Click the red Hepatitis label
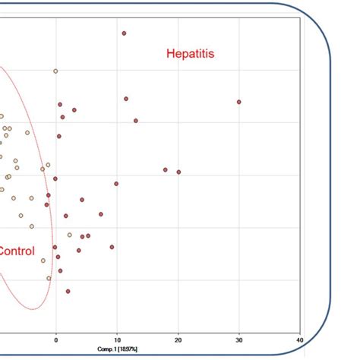191,53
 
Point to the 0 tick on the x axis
55,340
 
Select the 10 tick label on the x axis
116,340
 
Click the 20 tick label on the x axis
178,340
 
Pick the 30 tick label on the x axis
239,340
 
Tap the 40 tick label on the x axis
300,340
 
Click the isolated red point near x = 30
238,102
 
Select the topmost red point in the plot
124,33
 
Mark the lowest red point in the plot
68,291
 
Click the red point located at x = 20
178,172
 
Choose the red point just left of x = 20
165,170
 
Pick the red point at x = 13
136,121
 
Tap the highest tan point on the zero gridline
55,71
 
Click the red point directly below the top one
126,99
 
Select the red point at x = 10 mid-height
116,184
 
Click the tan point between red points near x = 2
69,235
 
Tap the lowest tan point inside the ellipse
49,278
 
